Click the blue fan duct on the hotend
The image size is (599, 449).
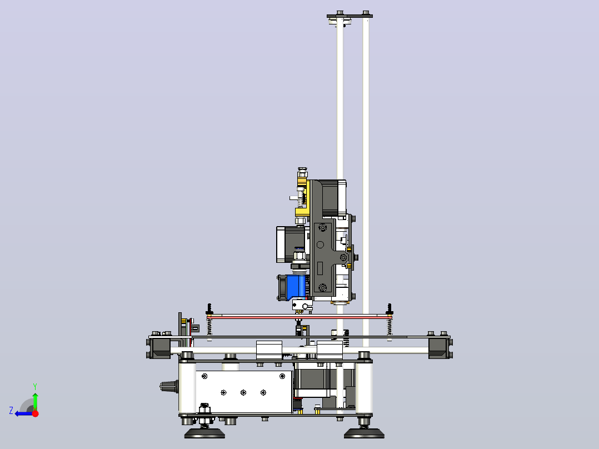coord(296,287)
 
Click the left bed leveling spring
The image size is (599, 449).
coord(209,327)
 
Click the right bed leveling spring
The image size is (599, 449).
coord(390,327)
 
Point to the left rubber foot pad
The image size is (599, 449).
coord(204,433)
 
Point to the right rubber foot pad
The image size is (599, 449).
coord(364,433)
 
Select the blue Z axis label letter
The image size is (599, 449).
coord(11,411)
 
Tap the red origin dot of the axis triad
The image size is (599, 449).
coord(35,413)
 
